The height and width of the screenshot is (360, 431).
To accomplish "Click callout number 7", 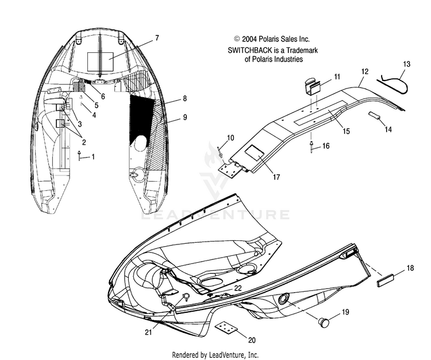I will [x=156, y=38].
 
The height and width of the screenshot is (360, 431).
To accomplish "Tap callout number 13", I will [x=407, y=64].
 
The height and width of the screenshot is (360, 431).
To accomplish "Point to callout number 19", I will [x=345, y=312].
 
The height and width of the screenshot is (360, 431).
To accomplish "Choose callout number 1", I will [x=94, y=156].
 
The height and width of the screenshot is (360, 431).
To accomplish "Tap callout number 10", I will [x=230, y=137].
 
